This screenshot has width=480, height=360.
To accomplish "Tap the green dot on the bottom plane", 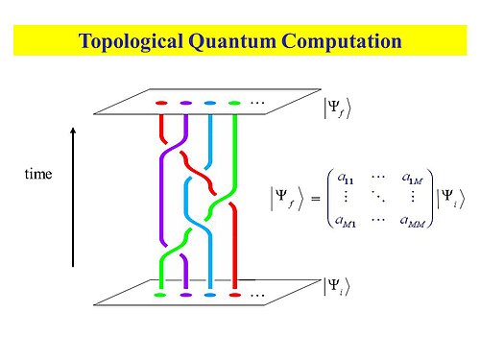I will (x=160, y=296).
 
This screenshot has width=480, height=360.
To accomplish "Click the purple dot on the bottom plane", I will (x=185, y=296).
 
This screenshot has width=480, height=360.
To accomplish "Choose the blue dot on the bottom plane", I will (x=210, y=296).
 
